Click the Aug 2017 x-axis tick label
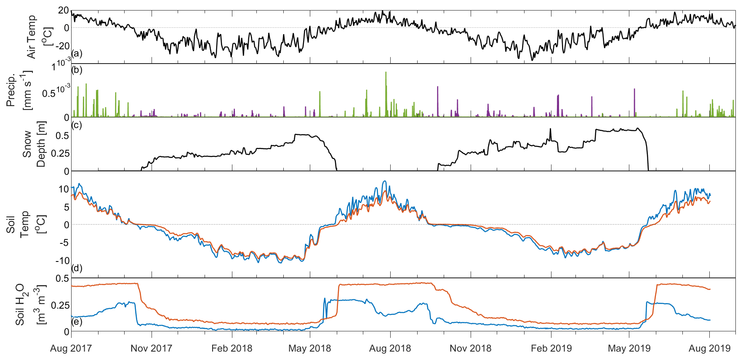[x=71, y=348]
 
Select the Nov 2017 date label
[x=151, y=348]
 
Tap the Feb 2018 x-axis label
[x=232, y=348]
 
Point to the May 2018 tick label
[x=310, y=348]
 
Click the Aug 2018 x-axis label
[x=390, y=348]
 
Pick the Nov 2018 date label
[x=470, y=348]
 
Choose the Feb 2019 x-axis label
[x=551, y=348]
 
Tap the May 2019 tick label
[x=629, y=348]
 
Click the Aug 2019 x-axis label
[x=709, y=348]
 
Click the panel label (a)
[x=77, y=53]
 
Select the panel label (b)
[x=77, y=70]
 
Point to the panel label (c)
[x=77, y=125]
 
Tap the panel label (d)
[x=77, y=268]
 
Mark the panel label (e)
[x=77, y=322]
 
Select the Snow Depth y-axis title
[x=34, y=144]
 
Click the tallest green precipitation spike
[x=386, y=74]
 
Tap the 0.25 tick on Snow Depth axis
[x=60, y=153]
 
